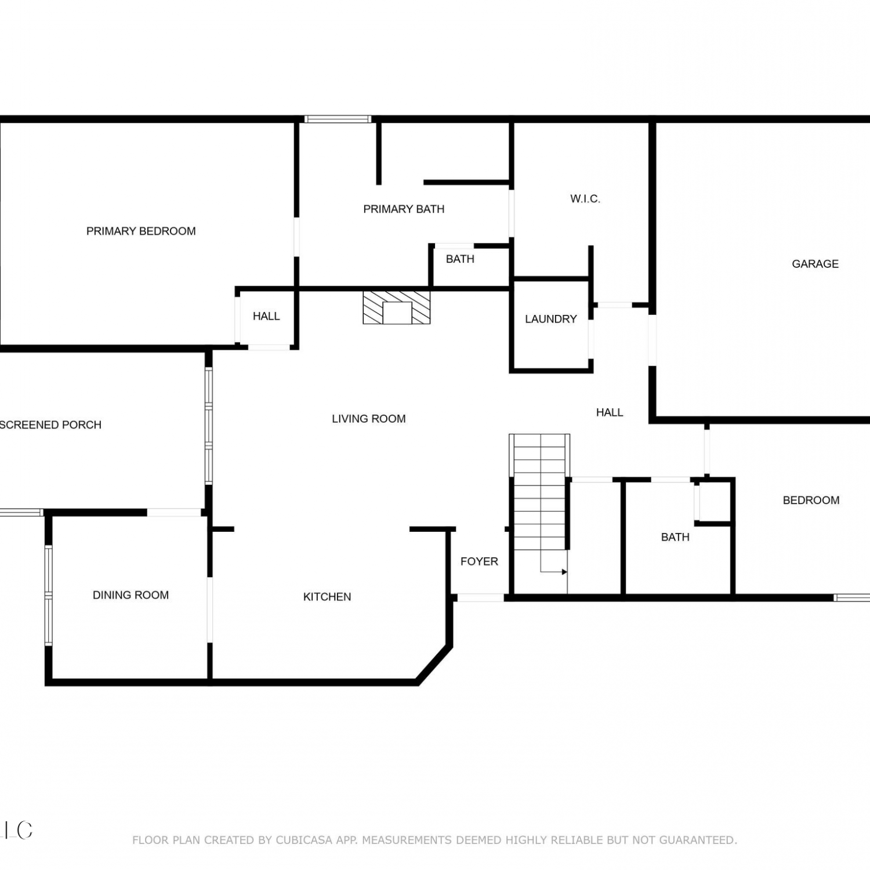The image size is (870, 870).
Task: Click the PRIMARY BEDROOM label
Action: (x=141, y=231)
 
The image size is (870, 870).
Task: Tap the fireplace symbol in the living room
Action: (x=397, y=307)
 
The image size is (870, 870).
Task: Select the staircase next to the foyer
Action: (x=539, y=492)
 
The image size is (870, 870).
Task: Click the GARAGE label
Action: (x=815, y=264)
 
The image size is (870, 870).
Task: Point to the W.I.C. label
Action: (x=585, y=199)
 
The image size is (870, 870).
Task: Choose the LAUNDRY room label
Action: (x=550, y=319)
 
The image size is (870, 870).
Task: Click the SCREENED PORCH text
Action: (x=50, y=425)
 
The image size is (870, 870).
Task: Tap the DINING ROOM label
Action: (x=130, y=595)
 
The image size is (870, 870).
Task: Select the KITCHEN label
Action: (x=327, y=597)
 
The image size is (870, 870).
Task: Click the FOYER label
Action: (x=479, y=561)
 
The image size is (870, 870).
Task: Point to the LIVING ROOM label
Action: (x=368, y=419)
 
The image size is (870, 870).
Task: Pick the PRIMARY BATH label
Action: (x=404, y=209)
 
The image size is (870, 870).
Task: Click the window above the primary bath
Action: (x=338, y=119)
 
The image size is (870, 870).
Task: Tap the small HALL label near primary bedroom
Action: (x=266, y=316)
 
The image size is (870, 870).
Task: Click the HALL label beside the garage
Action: (x=610, y=412)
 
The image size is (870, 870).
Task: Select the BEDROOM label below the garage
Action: (x=811, y=500)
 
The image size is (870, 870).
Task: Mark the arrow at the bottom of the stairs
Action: (x=554, y=572)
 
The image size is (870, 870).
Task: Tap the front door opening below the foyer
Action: (x=481, y=597)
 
